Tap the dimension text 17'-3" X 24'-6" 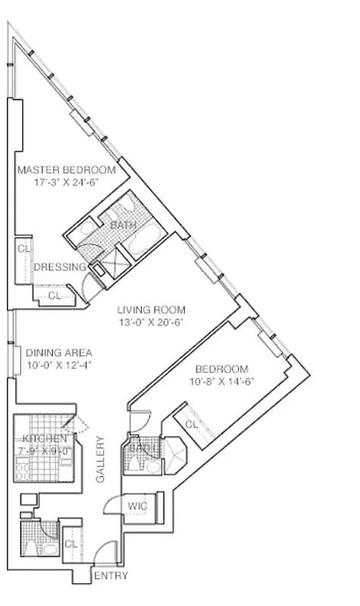coord(66,183)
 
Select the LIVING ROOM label coord(151,310)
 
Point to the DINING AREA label coord(59,353)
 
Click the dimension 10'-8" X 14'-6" coord(221,382)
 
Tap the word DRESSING coord(60,267)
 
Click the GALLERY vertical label coord(99,459)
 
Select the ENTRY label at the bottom coord(111,576)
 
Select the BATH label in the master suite coord(124,226)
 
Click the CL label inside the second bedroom coord(192,426)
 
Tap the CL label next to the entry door coord(70,544)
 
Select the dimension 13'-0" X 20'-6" coord(151,322)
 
